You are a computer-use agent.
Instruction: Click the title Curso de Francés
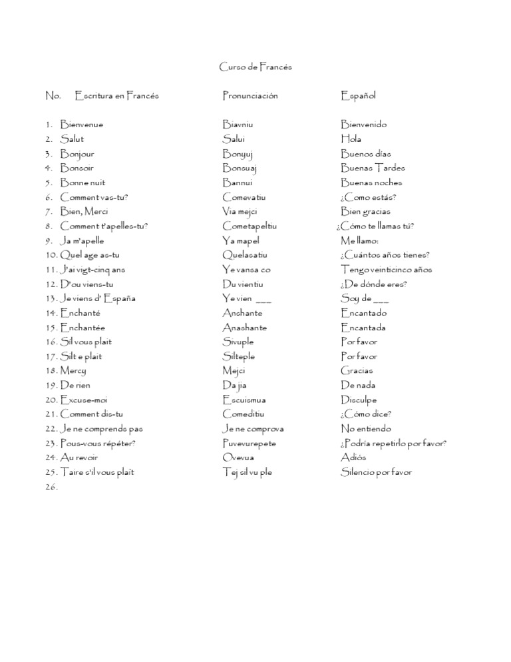click(255, 67)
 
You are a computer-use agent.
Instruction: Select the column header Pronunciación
click(250, 96)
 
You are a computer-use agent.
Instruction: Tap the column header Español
click(358, 96)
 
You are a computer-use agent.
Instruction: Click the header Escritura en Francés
click(117, 96)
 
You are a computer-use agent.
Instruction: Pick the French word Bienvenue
click(81, 125)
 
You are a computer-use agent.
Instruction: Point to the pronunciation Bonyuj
click(238, 154)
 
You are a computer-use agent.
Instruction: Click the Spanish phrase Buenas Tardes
click(373, 168)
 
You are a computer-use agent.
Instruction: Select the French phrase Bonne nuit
click(83, 182)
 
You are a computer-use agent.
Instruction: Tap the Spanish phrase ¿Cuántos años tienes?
click(385, 255)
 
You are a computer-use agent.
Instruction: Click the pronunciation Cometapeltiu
click(250, 226)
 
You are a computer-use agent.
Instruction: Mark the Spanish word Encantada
click(363, 328)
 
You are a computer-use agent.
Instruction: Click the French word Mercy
click(73, 371)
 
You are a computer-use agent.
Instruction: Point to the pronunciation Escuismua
click(244, 400)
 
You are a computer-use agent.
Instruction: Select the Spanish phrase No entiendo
click(366, 429)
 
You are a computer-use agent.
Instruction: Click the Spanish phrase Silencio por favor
click(376, 472)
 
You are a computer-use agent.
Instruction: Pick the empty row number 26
click(52, 487)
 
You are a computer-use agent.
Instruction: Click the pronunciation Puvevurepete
click(250, 444)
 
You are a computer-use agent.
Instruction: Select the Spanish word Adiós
click(353, 458)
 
